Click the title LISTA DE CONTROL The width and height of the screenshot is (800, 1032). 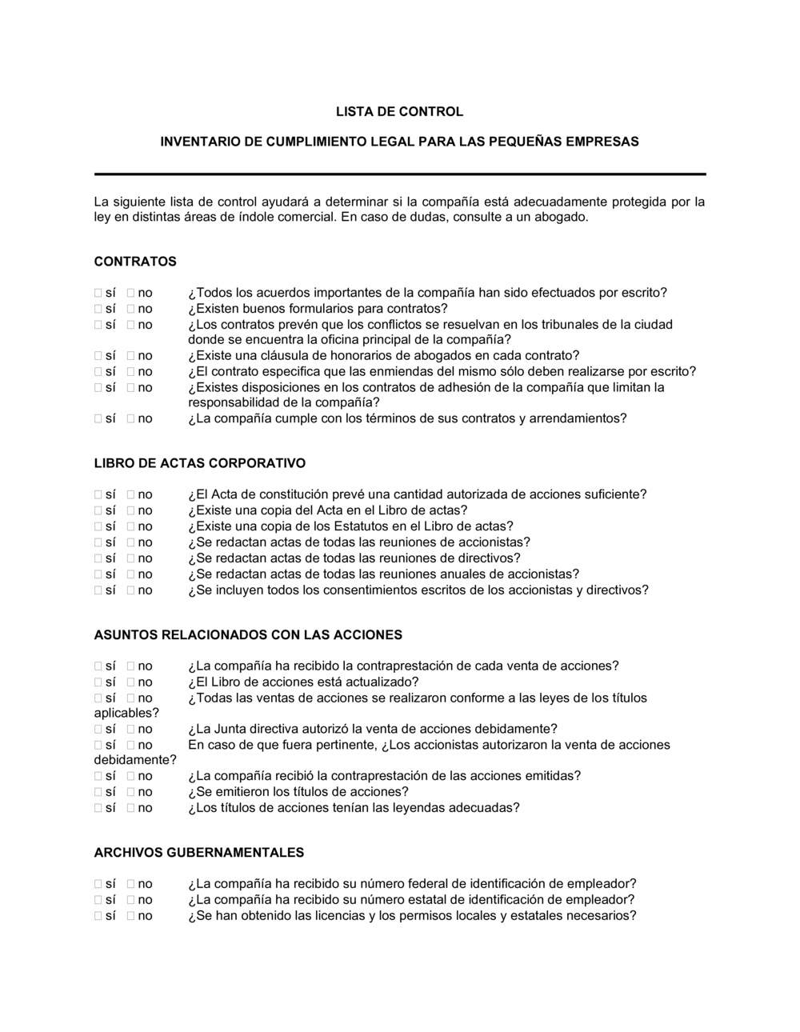pyautogui.click(x=399, y=112)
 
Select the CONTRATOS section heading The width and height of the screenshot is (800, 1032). pyautogui.click(x=135, y=262)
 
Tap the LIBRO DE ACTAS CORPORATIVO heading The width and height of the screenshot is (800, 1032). pyautogui.click(x=200, y=463)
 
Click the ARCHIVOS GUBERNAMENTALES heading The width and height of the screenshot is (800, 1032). pyautogui.click(x=199, y=853)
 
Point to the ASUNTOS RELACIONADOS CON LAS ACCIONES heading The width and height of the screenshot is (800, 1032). pyautogui.click(x=248, y=635)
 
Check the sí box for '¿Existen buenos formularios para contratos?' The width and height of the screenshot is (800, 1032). pyautogui.click(x=98, y=309)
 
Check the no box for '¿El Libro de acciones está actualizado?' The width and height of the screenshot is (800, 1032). pyautogui.click(x=130, y=682)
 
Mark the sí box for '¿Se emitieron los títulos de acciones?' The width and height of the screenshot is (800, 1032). pyautogui.click(x=98, y=792)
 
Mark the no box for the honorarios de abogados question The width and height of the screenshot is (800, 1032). pyautogui.click(x=130, y=356)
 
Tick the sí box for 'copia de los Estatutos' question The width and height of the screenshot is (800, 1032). pyautogui.click(x=98, y=526)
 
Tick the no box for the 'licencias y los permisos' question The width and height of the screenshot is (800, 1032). pyautogui.click(x=130, y=916)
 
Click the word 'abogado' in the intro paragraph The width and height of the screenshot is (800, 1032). pyautogui.click(x=562, y=218)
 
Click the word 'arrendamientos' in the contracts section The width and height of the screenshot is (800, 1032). pyautogui.click(x=578, y=418)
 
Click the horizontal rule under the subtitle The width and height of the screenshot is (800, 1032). pyautogui.click(x=400, y=174)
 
